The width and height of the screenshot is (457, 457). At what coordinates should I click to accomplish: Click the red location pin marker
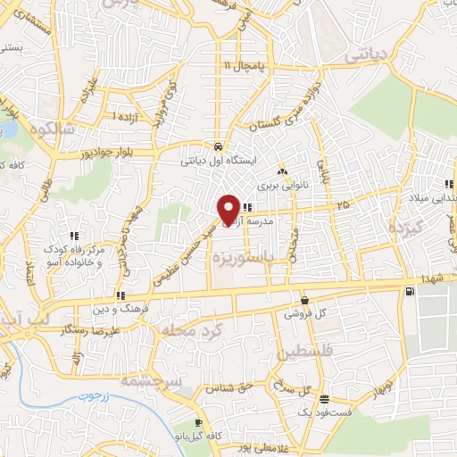(228, 210)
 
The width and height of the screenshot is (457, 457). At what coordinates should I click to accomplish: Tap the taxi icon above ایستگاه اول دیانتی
(219, 146)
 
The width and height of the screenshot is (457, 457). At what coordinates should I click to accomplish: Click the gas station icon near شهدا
(409, 291)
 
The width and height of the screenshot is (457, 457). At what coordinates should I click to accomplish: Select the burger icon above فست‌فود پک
(324, 400)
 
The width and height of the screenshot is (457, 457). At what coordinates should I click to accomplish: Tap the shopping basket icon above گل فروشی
(305, 301)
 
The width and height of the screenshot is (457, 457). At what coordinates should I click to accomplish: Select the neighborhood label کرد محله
(187, 331)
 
